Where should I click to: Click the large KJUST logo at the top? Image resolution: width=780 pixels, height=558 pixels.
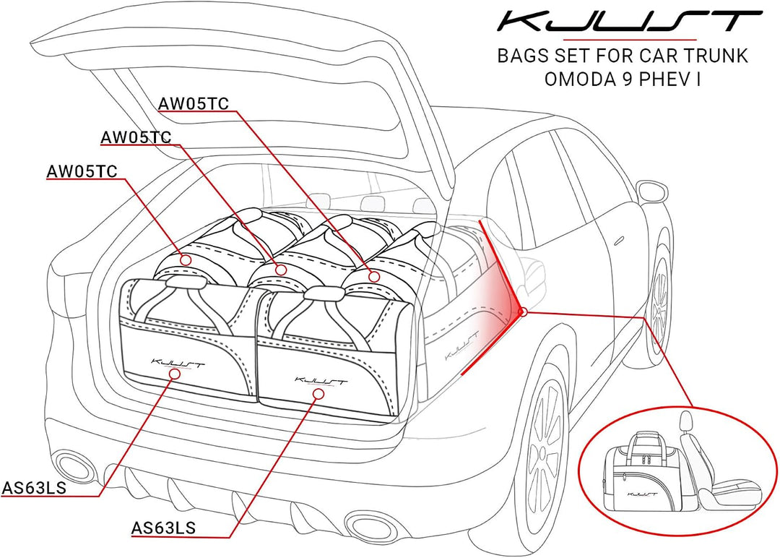(x=630, y=22)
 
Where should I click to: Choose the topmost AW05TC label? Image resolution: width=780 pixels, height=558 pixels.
(x=193, y=103)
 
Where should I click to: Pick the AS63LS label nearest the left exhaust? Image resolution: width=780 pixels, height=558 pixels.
(x=34, y=487)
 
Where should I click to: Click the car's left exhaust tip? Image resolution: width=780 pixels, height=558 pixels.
(x=74, y=465)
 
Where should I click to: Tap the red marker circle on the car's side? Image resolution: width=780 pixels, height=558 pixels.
(x=522, y=312)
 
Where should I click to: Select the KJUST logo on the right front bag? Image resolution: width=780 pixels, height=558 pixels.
(x=321, y=382)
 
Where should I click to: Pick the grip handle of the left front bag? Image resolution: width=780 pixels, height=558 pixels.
(x=186, y=283)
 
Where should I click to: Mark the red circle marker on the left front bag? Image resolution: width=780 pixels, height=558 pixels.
(x=174, y=374)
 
